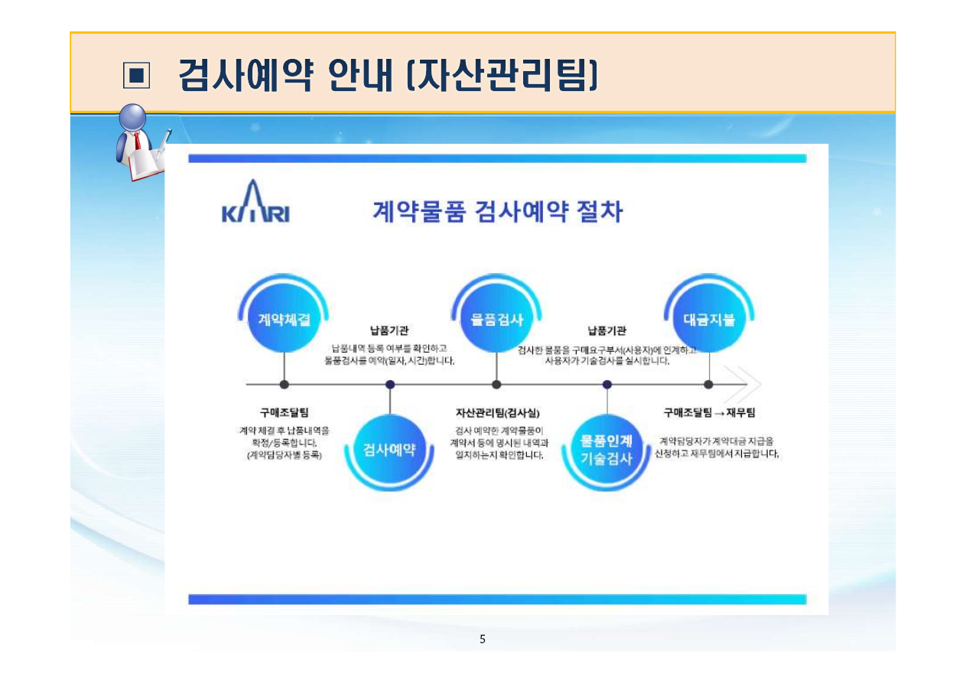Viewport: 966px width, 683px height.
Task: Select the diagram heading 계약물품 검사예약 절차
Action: click(x=497, y=210)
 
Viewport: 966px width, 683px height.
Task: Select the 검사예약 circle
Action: click(x=390, y=449)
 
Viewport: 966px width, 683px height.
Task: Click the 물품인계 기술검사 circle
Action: click(x=607, y=449)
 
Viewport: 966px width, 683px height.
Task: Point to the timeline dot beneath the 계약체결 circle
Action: click(x=285, y=384)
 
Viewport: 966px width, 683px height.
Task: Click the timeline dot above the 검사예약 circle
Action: click(x=390, y=384)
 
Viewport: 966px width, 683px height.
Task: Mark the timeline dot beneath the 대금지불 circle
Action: click(x=708, y=384)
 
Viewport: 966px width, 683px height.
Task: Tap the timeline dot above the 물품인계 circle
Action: click(x=607, y=384)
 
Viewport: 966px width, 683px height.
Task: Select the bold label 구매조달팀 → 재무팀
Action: click(x=709, y=413)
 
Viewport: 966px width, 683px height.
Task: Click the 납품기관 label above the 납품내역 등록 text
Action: click(x=389, y=331)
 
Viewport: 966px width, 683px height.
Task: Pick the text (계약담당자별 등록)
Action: click(x=284, y=455)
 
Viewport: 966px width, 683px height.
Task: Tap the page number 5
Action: click(x=482, y=639)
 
